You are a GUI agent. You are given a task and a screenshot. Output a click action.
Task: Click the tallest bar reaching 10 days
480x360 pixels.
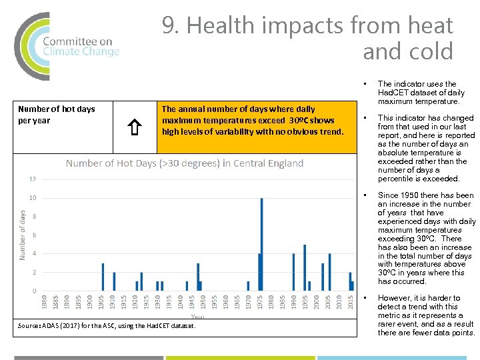point(261,244)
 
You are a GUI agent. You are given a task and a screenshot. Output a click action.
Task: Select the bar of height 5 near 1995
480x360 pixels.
point(305,267)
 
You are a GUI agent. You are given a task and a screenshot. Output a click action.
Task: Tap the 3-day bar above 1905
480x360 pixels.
point(103,277)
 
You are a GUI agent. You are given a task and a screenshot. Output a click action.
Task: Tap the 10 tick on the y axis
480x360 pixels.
point(32,198)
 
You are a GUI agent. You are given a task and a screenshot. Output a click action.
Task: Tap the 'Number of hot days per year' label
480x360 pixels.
point(57,115)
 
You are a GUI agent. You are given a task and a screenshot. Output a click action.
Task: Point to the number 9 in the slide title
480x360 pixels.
point(169,26)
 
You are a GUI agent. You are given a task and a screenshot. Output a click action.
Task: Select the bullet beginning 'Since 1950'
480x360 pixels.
point(426,239)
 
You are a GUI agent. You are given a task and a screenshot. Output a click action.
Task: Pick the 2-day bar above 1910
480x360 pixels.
point(114,281)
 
